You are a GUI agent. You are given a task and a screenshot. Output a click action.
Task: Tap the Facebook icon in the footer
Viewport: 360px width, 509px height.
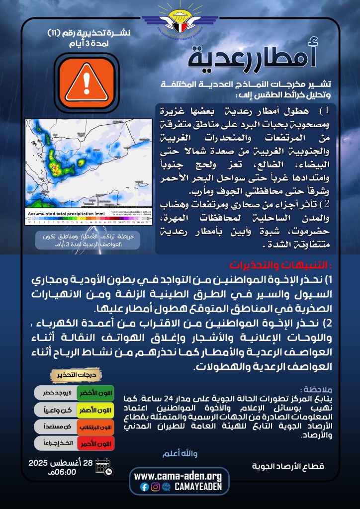click(145, 487)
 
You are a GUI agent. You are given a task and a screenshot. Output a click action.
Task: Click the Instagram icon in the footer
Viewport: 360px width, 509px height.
click(155, 487)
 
